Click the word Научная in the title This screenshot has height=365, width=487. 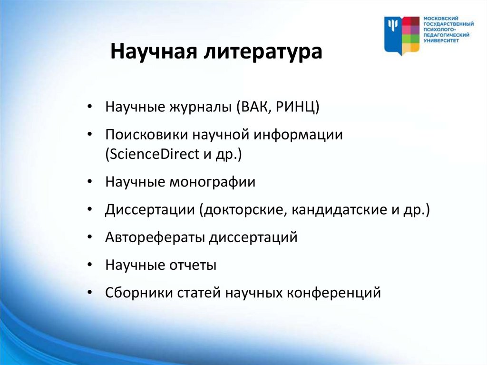pyautogui.click(x=154, y=51)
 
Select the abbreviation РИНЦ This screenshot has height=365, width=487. pyautogui.click(x=297, y=107)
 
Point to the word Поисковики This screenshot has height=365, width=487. pyautogui.click(x=146, y=135)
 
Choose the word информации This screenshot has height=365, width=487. pyautogui.click(x=298, y=135)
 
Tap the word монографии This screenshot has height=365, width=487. pyautogui.click(x=212, y=182)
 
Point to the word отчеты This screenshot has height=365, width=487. pyautogui.click(x=193, y=265)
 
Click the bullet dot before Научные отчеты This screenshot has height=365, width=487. pyautogui.click(x=90, y=265)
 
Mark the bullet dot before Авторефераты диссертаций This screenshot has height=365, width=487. pyautogui.click(x=90, y=237)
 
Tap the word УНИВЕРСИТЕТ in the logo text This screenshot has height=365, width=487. pyautogui.click(x=441, y=40)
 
